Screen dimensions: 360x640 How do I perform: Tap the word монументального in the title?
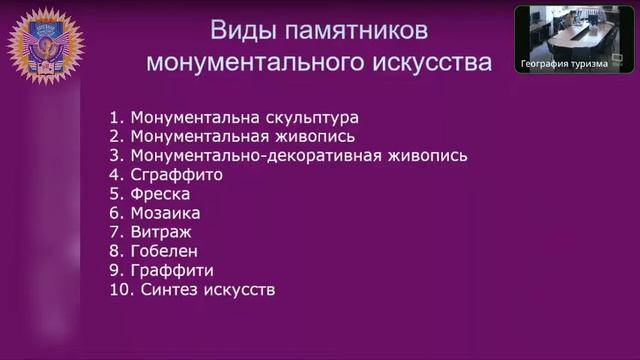(259, 62)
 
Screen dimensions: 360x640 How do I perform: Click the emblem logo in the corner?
(46, 45)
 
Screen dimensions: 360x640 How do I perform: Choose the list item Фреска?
(160, 194)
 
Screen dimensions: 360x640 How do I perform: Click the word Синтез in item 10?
(172, 290)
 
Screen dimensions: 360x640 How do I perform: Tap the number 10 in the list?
(119, 290)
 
